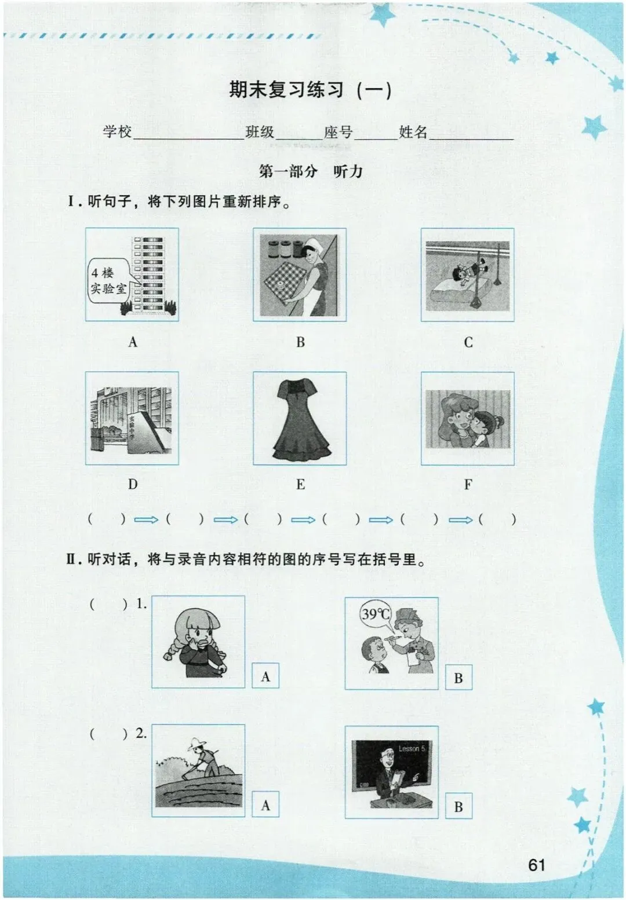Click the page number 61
point(537,865)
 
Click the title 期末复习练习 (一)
point(310,90)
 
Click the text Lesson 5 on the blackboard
point(412,748)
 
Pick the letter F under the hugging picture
point(468,485)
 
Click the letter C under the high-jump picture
point(468,342)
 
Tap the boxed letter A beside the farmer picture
point(265,805)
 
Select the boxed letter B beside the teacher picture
point(458,806)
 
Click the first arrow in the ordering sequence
point(146,520)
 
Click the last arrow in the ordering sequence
point(461,520)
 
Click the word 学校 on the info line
point(117,131)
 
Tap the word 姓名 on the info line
point(413,131)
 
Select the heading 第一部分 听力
point(310,171)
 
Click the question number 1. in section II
point(141,604)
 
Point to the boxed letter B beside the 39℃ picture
point(458,678)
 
